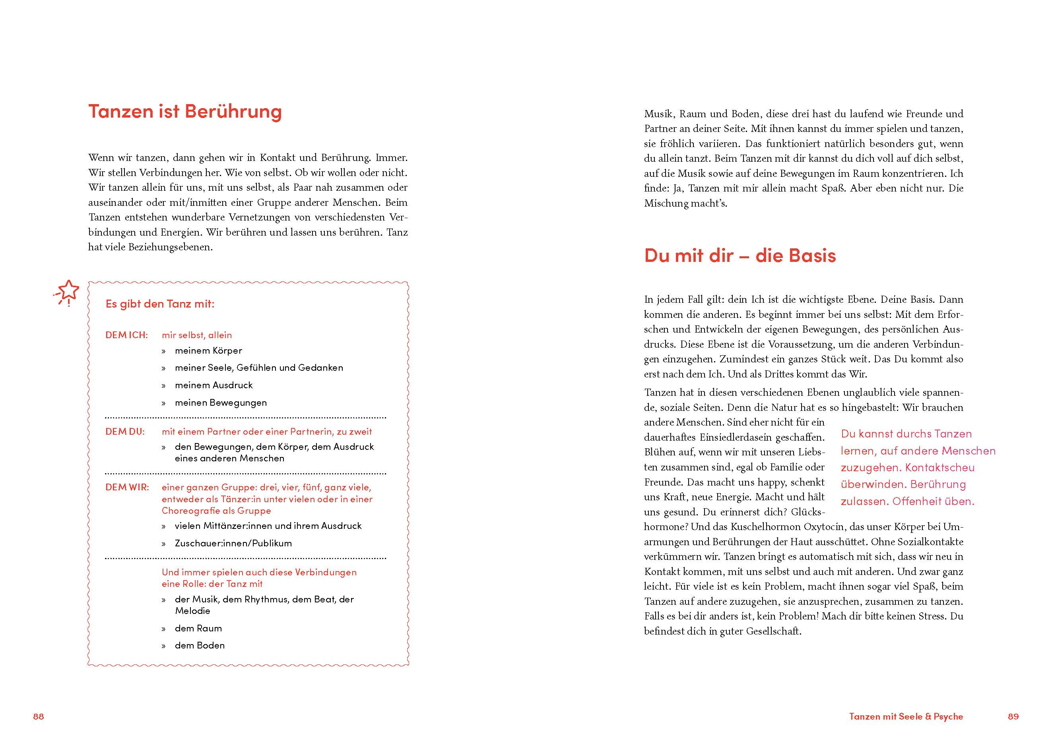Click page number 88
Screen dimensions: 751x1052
click(x=39, y=716)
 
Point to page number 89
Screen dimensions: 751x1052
click(x=1013, y=716)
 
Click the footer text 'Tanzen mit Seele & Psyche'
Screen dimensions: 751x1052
click(x=906, y=716)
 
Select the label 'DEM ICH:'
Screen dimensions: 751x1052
click(x=126, y=335)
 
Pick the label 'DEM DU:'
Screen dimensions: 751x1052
click(x=125, y=432)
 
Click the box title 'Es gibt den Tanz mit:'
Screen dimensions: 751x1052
click(x=160, y=304)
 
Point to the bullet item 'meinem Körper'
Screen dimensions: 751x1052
click(x=208, y=350)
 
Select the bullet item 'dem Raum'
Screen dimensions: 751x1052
click(x=198, y=628)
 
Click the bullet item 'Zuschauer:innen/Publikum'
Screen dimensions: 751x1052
click(x=233, y=543)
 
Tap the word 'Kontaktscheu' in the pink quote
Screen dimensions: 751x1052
click(x=939, y=468)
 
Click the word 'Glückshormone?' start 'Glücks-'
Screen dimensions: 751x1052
click(x=808, y=512)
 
